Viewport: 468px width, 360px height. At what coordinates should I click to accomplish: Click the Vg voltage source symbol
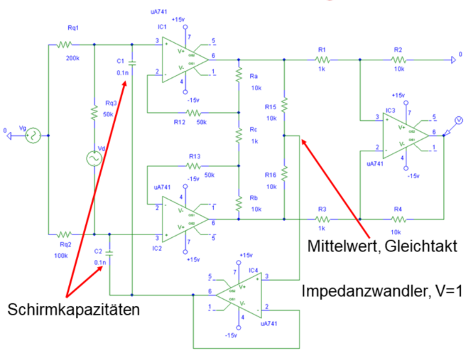30,136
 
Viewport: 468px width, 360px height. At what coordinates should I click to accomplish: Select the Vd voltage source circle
95,157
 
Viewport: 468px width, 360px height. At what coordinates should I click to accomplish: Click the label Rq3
111,103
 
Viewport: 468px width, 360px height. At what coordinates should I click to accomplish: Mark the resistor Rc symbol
239,136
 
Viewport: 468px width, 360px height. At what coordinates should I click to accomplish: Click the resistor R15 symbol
284,103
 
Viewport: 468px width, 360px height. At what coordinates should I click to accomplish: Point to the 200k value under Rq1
73,58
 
